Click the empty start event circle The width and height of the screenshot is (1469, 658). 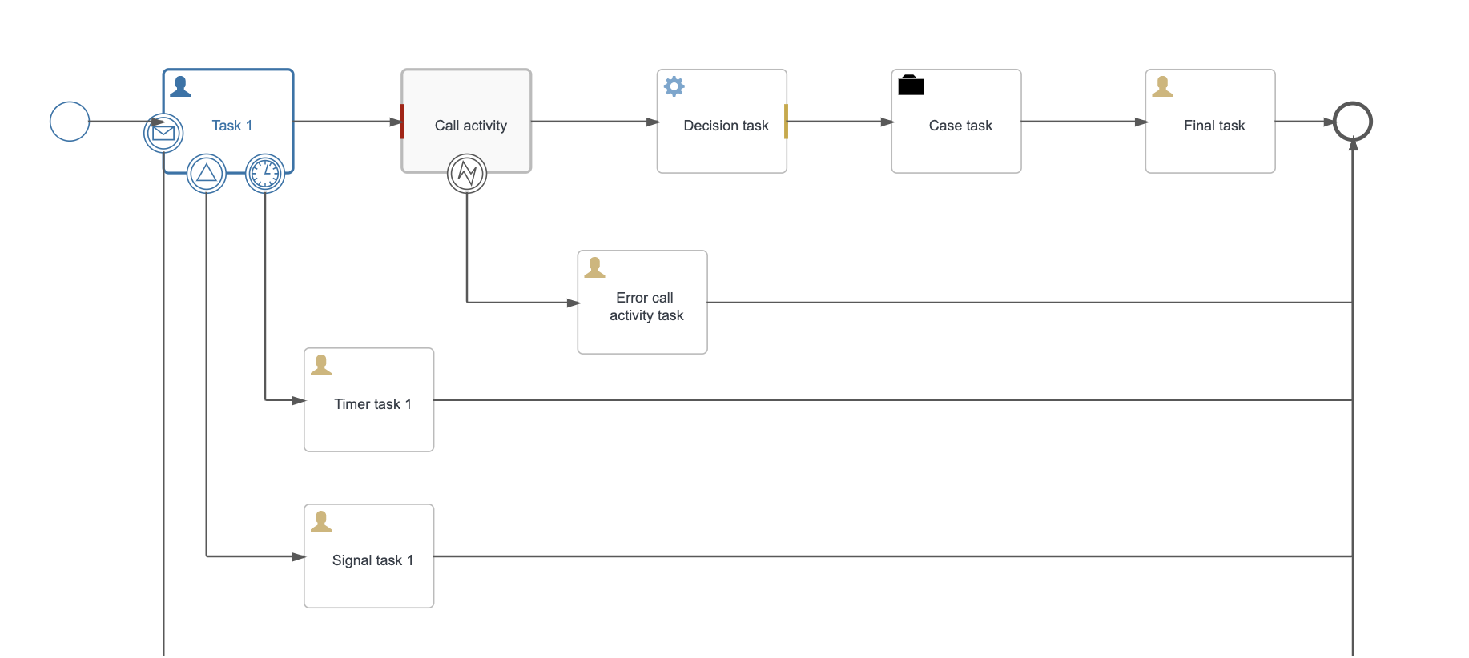70,122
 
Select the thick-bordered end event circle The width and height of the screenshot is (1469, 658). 1352,122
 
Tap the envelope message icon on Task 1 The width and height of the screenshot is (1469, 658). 163,133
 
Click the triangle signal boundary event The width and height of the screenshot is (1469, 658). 207,173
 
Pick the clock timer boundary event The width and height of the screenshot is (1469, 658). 265,173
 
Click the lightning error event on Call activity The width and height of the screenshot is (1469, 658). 467,173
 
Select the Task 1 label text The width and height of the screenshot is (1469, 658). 231,126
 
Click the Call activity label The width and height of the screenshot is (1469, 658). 470,126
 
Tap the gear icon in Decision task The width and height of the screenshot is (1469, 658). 674,86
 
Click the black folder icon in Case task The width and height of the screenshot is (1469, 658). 911,85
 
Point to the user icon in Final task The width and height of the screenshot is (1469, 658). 1162,86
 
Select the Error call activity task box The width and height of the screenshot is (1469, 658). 642,303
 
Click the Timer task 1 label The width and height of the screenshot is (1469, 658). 372,404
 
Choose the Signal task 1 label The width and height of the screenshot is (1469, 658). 372,560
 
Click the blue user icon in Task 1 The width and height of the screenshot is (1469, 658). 180,86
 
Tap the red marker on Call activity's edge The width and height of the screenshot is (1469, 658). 402,122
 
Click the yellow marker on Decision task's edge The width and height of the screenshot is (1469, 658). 786,122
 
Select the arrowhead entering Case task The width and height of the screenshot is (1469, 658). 887,122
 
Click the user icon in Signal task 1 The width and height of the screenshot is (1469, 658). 321,521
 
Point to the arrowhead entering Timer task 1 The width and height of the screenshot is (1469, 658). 298,400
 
